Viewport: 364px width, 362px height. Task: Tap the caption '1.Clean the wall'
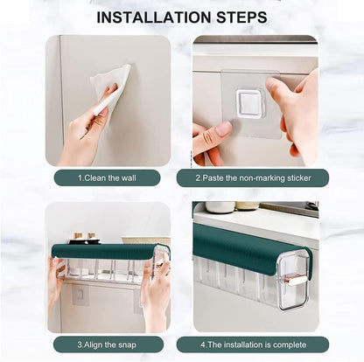[107, 178]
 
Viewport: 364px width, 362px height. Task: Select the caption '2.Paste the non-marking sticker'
[252, 178]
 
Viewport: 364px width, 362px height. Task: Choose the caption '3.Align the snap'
[107, 344]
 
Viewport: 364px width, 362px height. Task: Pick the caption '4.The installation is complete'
[252, 344]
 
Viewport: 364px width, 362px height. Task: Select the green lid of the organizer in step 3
[105, 251]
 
